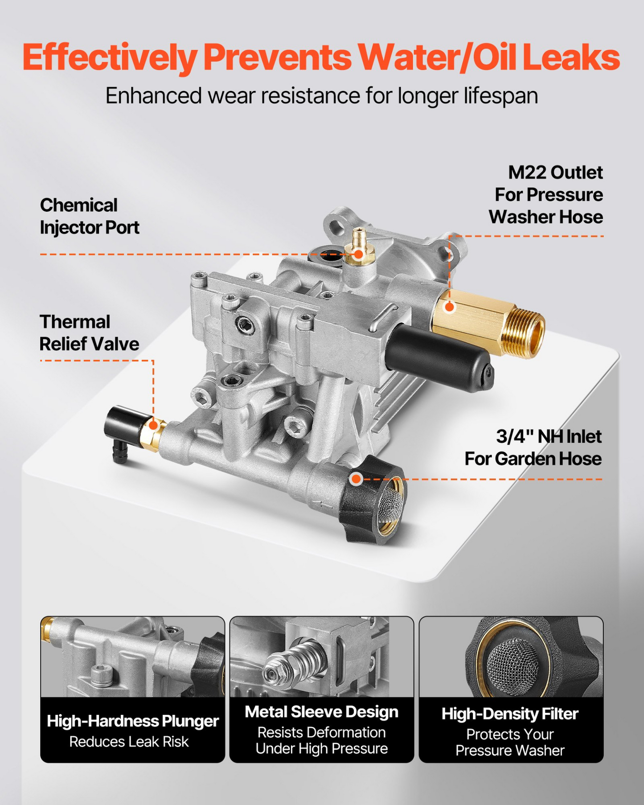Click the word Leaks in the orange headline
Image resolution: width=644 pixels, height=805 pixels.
point(571,57)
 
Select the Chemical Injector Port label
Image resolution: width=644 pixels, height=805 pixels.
point(90,216)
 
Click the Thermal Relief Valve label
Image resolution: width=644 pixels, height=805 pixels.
point(89,333)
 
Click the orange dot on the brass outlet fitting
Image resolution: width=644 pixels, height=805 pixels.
point(450,307)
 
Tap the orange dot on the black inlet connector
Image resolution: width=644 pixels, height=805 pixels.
point(356,479)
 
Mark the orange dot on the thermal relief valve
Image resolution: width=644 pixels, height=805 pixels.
point(153,425)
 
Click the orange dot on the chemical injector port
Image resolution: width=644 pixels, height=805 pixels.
point(358,254)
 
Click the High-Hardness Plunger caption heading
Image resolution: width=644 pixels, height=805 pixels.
point(133,721)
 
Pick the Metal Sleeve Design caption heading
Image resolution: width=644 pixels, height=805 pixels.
point(321,712)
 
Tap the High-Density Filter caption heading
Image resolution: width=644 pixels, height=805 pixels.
point(510,714)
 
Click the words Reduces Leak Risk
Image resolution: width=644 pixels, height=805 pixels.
point(129,742)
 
